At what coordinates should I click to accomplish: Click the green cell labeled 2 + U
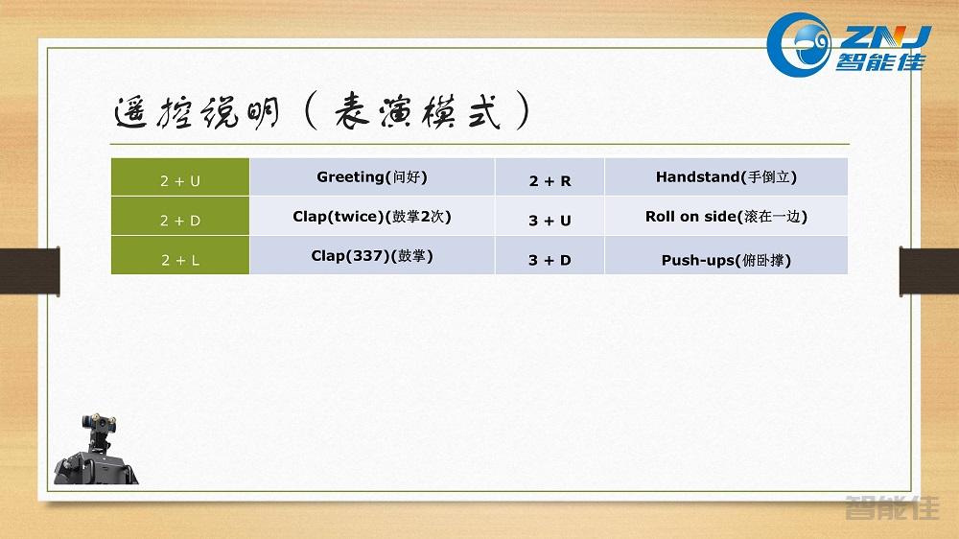(180, 178)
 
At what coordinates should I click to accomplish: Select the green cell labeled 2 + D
(180, 218)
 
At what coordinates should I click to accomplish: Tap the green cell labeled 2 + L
(180, 257)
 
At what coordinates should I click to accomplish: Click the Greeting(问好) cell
(372, 177)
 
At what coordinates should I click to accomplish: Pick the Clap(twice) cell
(372, 217)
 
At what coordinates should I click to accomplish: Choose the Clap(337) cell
(372, 256)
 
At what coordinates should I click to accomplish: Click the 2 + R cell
(550, 179)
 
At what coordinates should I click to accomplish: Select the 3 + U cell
(550, 219)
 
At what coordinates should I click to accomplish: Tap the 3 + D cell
(550, 258)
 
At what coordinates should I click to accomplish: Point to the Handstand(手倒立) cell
(726, 177)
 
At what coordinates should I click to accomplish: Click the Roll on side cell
(726, 217)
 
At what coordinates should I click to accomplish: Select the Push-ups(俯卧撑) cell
(726, 259)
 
